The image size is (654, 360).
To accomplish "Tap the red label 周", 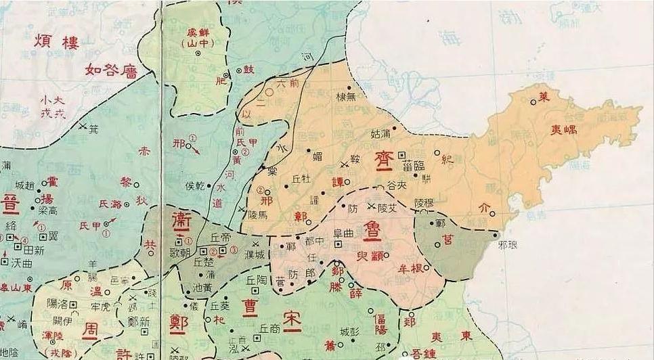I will (x=91, y=331).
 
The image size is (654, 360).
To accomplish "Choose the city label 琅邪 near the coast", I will (x=506, y=245).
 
